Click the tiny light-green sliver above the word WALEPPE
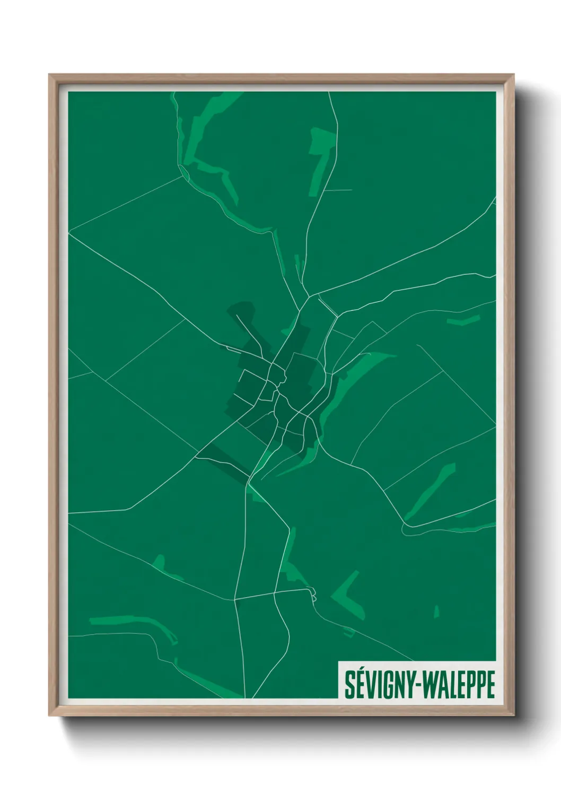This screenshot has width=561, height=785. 436,612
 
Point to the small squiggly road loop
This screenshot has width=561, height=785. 313,595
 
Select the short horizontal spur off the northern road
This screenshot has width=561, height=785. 338,190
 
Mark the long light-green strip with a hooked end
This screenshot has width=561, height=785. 133,622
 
